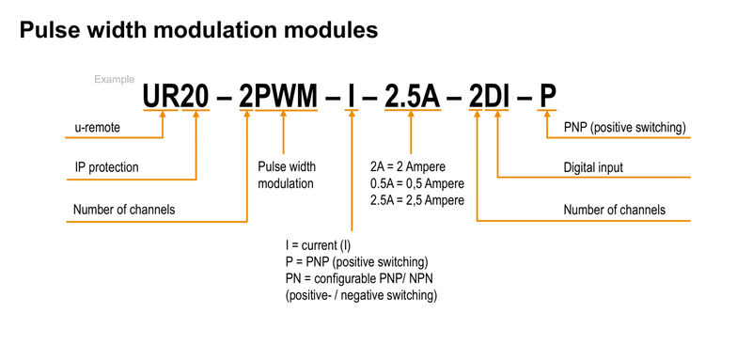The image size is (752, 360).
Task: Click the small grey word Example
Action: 114,79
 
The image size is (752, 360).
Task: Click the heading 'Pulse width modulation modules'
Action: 198,30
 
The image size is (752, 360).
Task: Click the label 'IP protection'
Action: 107,167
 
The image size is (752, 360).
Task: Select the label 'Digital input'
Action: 594,167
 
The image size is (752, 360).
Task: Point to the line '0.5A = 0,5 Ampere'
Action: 417,182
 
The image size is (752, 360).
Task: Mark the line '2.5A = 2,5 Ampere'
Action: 417,199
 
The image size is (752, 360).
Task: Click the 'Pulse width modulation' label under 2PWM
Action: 286,175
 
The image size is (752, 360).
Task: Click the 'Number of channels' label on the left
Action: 124,209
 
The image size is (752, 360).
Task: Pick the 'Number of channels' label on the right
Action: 615,210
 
